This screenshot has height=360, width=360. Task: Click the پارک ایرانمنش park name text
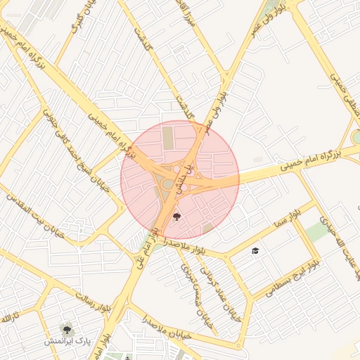[68, 342]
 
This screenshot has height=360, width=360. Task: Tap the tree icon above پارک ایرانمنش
[67, 328]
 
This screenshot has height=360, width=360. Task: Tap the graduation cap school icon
[255, 251]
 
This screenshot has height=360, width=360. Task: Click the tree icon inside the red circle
[176, 216]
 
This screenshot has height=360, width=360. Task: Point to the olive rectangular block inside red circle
[168, 136]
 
